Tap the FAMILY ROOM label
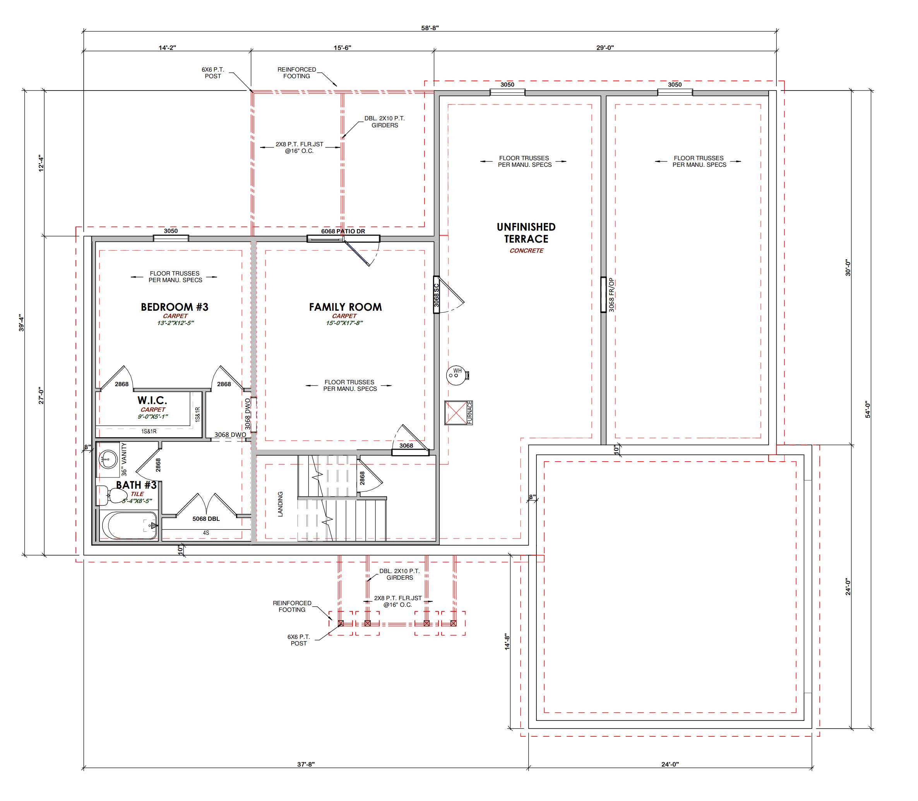(x=346, y=307)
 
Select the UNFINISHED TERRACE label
(x=526, y=233)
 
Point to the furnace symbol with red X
(x=456, y=412)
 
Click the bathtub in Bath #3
(x=129, y=525)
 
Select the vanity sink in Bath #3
(x=108, y=459)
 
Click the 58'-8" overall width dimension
(x=430, y=28)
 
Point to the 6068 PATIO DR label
(x=343, y=231)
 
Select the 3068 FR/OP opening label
(x=611, y=295)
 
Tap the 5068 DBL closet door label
(x=206, y=519)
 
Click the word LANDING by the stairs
(x=280, y=504)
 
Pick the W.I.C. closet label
(x=152, y=400)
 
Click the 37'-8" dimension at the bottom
(x=306, y=764)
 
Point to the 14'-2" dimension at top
(x=167, y=48)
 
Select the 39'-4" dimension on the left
(x=21, y=323)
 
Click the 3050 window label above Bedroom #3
(x=171, y=231)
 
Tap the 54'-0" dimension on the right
(x=868, y=409)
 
